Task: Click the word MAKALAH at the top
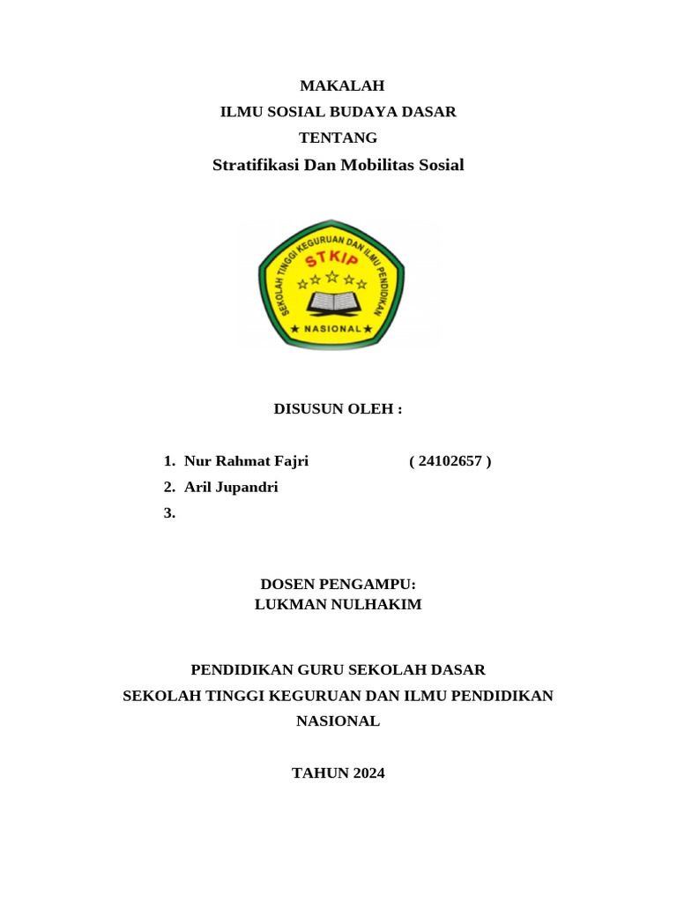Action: [x=342, y=86]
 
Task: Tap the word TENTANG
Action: [x=338, y=138]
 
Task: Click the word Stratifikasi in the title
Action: [x=256, y=165]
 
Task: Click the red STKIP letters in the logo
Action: [x=331, y=258]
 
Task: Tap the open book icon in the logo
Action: [x=331, y=302]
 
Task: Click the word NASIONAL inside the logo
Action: [x=331, y=329]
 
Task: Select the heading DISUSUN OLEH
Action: [x=338, y=409]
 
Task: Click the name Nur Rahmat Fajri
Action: [x=246, y=461]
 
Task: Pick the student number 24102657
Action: [x=450, y=461]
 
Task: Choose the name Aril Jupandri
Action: [x=231, y=487]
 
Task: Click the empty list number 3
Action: [x=169, y=513]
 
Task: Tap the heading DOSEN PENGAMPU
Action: [x=338, y=585]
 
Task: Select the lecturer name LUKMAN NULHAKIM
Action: [x=338, y=604]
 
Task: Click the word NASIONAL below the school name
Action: [x=338, y=721]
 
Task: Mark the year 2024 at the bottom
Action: [x=368, y=773]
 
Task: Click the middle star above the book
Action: [x=332, y=277]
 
